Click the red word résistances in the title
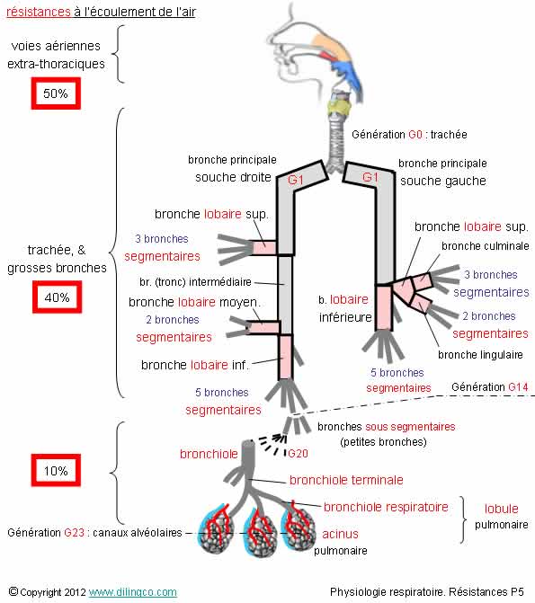coord(39,12)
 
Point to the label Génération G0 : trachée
coord(409,135)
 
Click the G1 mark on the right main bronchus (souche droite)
coord(296,180)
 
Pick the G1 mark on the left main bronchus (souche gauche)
coord(370,177)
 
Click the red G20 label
coord(298,454)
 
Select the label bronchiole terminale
coord(346,480)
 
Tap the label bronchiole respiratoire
coord(386,507)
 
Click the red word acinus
coord(340,534)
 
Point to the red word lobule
coord(501,509)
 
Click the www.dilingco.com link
coord(133,592)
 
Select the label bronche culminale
coord(486,245)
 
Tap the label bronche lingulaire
coord(480,355)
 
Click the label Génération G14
coord(489,387)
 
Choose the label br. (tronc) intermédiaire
coord(195,282)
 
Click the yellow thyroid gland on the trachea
coord(340,108)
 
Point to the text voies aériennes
coord(56,46)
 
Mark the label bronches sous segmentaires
coord(387,427)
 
